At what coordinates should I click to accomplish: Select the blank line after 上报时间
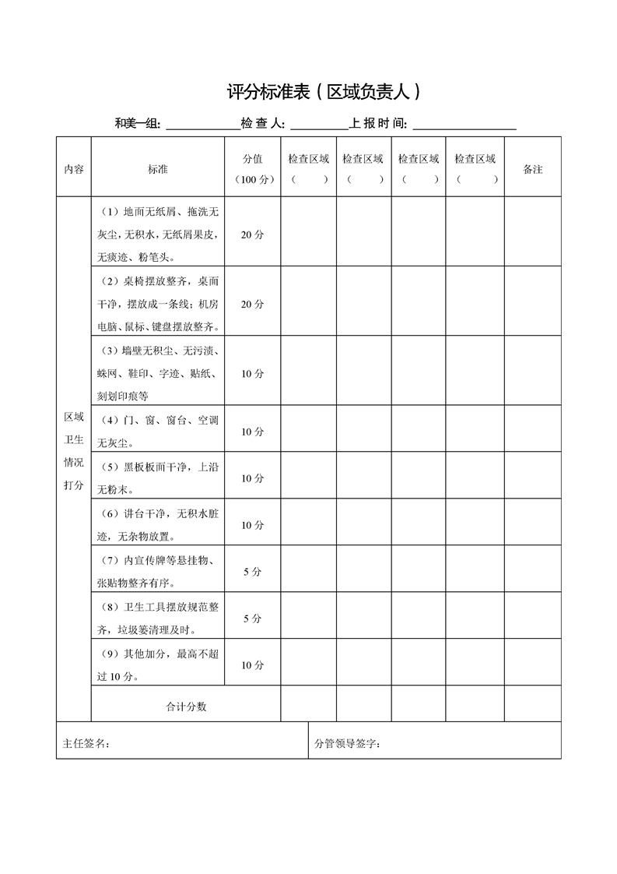(465, 125)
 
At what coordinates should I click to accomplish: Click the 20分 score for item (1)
(252, 234)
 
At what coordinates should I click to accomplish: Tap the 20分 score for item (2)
(252, 304)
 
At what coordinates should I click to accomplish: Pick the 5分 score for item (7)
(252, 572)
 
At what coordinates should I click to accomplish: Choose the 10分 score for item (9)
(252, 665)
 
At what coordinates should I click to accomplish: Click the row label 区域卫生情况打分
(74, 451)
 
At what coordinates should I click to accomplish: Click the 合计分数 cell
(186, 707)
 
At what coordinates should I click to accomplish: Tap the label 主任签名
(86, 744)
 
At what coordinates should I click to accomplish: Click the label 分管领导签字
(347, 744)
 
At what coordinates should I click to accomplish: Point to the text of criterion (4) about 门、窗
(158, 432)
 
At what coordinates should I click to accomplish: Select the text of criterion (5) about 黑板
(158, 478)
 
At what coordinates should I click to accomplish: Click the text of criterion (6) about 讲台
(158, 525)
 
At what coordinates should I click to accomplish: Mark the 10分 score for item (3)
(252, 374)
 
